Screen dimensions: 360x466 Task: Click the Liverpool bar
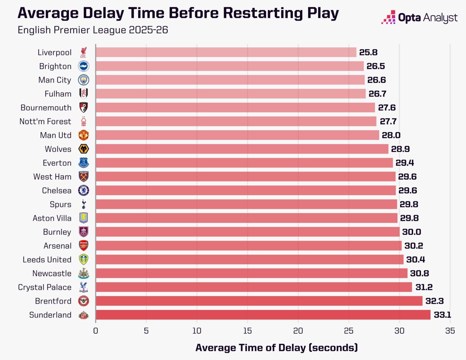pos(226,52)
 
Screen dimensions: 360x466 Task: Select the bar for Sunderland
pos(263,315)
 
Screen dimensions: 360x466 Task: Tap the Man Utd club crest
pos(83,135)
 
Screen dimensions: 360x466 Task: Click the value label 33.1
pos(442,315)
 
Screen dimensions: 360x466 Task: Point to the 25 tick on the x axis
pos(349,331)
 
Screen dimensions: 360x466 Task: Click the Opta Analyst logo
pos(419,18)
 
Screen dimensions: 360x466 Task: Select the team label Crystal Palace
pos(45,287)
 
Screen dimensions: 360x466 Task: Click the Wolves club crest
pos(83,149)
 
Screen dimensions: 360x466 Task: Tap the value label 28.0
pos(391,135)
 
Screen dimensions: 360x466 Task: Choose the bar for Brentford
pos(259,301)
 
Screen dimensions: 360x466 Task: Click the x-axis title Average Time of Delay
pos(276,348)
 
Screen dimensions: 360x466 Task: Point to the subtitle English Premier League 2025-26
pos(93,30)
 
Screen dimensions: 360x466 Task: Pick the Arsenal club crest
pos(83,246)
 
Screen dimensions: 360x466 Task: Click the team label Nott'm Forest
pos(45,122)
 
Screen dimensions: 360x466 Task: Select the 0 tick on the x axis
pos(96,331)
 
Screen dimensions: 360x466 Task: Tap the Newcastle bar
pos(252,274)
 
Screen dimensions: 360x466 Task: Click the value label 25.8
pos(368,52)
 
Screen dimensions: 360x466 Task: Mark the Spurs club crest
pos(84,204)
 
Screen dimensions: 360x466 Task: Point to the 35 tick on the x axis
pos(450,331)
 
